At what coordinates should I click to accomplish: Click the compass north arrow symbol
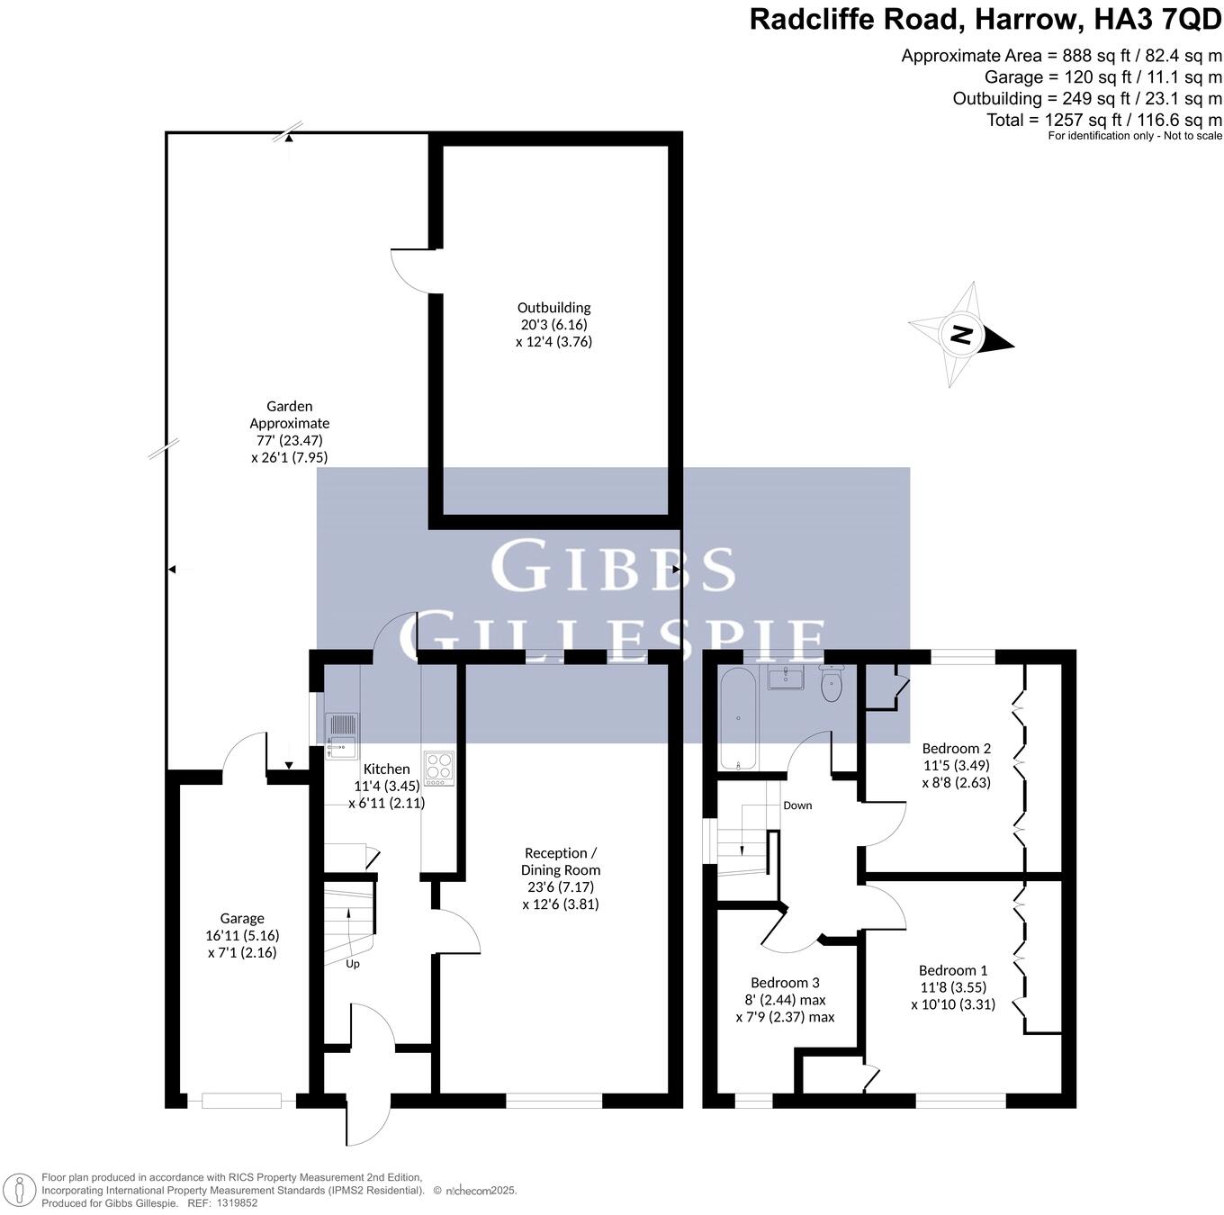coord(960,335)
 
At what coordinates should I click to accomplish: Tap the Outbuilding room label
coord(553,308)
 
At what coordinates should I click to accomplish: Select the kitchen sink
coord(341,733)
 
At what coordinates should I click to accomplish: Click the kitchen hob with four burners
coord(439,766)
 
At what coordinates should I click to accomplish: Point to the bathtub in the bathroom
coord(739,719)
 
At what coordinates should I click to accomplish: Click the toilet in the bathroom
coord(832,686)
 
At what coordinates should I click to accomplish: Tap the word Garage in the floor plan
coord(242,918)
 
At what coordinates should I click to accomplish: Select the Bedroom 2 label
coord(957,748)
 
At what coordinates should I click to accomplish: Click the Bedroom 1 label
coord(953,970)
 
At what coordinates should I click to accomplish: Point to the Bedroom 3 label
coord(785,983)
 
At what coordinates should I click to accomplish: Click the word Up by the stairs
coord(353,964)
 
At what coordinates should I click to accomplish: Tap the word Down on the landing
coord(797,805)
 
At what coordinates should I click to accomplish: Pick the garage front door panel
coord(241,1100)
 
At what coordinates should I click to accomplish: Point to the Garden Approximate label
coord(289,415)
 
